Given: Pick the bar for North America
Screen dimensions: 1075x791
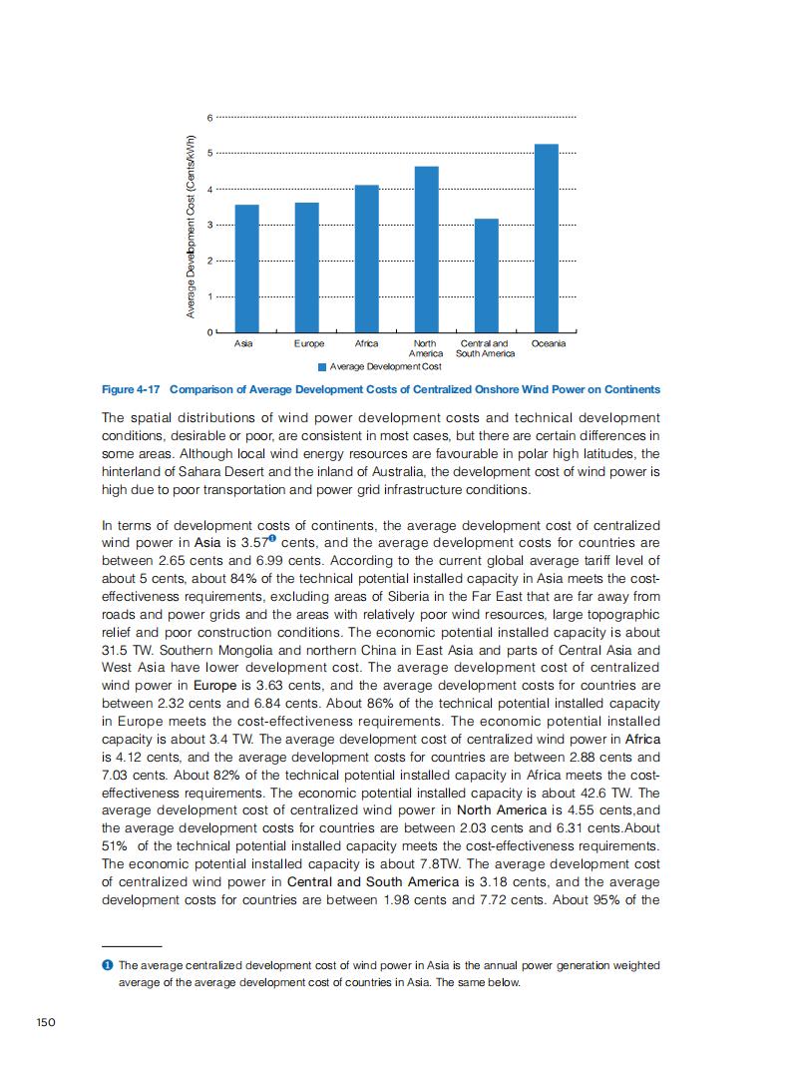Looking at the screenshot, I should pyautogui.click(x=426, y=249).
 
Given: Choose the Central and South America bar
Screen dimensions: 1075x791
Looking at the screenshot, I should pyautogui.click(x=486, y=274).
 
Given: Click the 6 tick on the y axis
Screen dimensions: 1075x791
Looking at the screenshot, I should pyautogui.click(x=209, y=118).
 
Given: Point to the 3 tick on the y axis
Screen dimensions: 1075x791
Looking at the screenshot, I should pyautogui.click(x=209, y=225).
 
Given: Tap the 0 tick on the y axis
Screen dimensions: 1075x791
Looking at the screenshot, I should pyautogui.click(x=209, y=332).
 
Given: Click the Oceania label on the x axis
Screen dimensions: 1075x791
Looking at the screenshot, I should pyautogui.click(x=549, y=343).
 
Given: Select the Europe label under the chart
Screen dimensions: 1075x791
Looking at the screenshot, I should pyautogui.click(x=309, y=343).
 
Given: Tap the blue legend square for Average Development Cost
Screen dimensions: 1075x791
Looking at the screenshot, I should pyautogui.click(x=321, y=366).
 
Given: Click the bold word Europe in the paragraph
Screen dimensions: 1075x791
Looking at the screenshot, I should pyautogui.click(x=215, y=687).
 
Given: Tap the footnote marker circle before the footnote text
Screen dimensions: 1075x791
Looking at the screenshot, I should pyautogui.click(x=107, y=965).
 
